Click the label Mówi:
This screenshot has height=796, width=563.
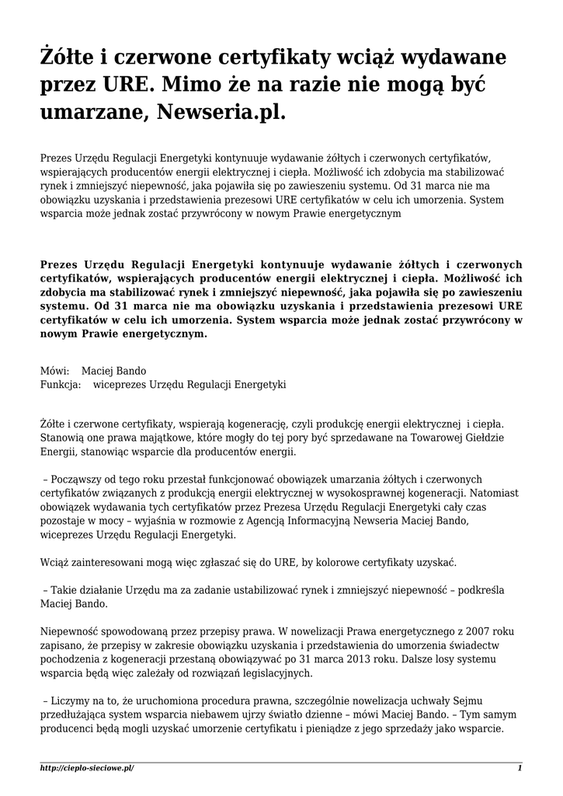(54, 371)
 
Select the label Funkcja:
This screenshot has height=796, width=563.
(61, 384)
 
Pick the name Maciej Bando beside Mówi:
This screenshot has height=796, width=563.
(113, 371)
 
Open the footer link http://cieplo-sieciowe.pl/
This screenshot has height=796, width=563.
(86, 768)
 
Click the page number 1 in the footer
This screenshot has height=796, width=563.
(519, 768)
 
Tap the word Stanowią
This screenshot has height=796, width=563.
(62, 438)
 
